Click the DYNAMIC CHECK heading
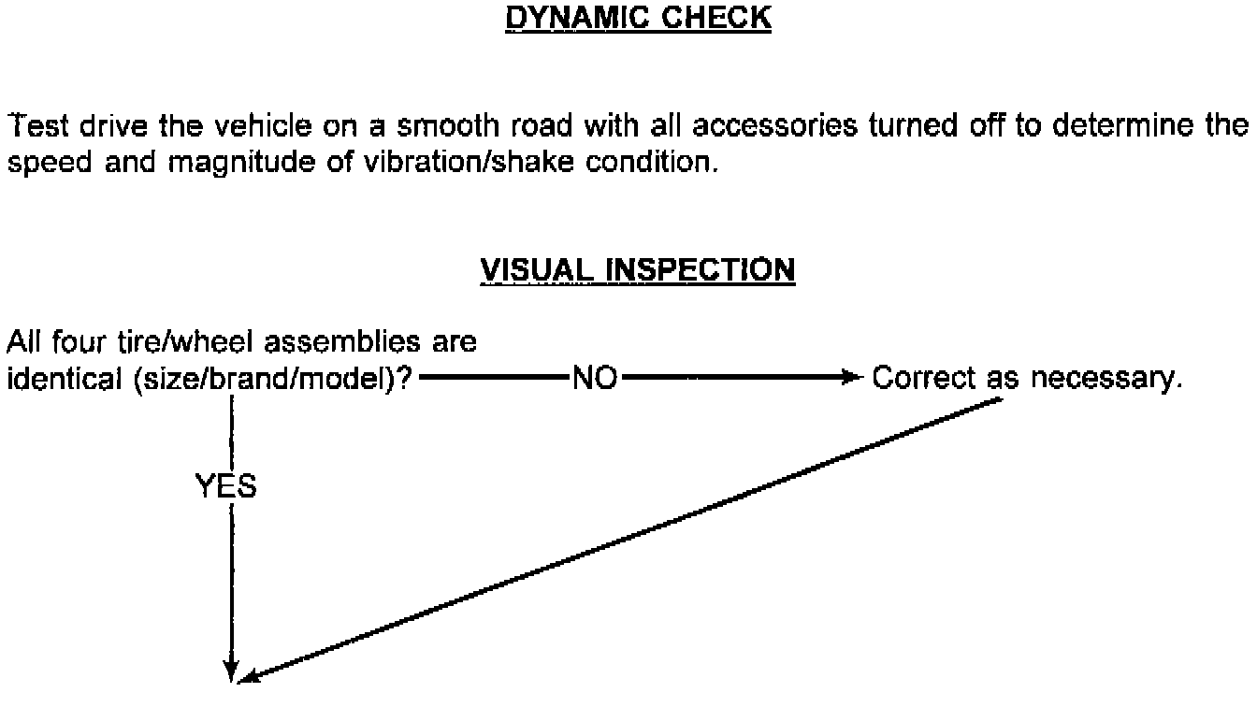coord(638,19)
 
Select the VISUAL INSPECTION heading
coord(638,270)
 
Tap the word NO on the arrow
coord(594,380)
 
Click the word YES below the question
coord(225,486)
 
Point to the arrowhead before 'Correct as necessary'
coord(849,379)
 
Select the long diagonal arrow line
coord(617,538)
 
